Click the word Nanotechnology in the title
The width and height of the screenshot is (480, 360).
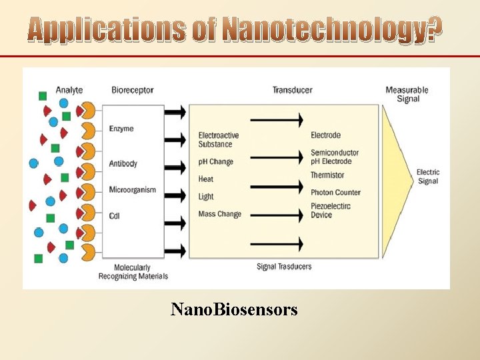pos(331,30)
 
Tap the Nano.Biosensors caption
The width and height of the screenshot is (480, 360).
pos(234,309)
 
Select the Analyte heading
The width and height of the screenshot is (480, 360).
pos(69,90)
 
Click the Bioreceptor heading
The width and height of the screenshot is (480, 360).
pos(133,90)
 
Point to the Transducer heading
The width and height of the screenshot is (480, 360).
pos(292,90)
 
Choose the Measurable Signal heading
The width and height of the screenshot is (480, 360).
pos(407,94)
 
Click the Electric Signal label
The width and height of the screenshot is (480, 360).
pos(428,177)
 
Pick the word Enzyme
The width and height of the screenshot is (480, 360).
pos(121,129)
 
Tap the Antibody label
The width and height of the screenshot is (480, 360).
pos(123,164)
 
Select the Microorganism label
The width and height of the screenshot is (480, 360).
pos(133,190)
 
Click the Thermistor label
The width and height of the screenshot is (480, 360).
pos(327,175)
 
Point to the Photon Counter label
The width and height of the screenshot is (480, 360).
pos(335,193)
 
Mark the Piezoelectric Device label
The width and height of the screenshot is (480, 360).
pos(331,211)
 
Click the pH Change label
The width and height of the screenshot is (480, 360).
pos(216,162)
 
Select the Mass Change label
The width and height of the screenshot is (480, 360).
pos(220,214)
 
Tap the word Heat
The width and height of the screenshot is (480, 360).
pos(206,179)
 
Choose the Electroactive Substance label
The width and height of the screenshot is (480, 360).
pos(219,140)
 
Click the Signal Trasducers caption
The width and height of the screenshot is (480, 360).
pos(284,267)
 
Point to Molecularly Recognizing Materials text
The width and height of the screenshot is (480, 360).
pos(133,272)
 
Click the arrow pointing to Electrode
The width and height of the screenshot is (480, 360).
pos(277,121)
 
